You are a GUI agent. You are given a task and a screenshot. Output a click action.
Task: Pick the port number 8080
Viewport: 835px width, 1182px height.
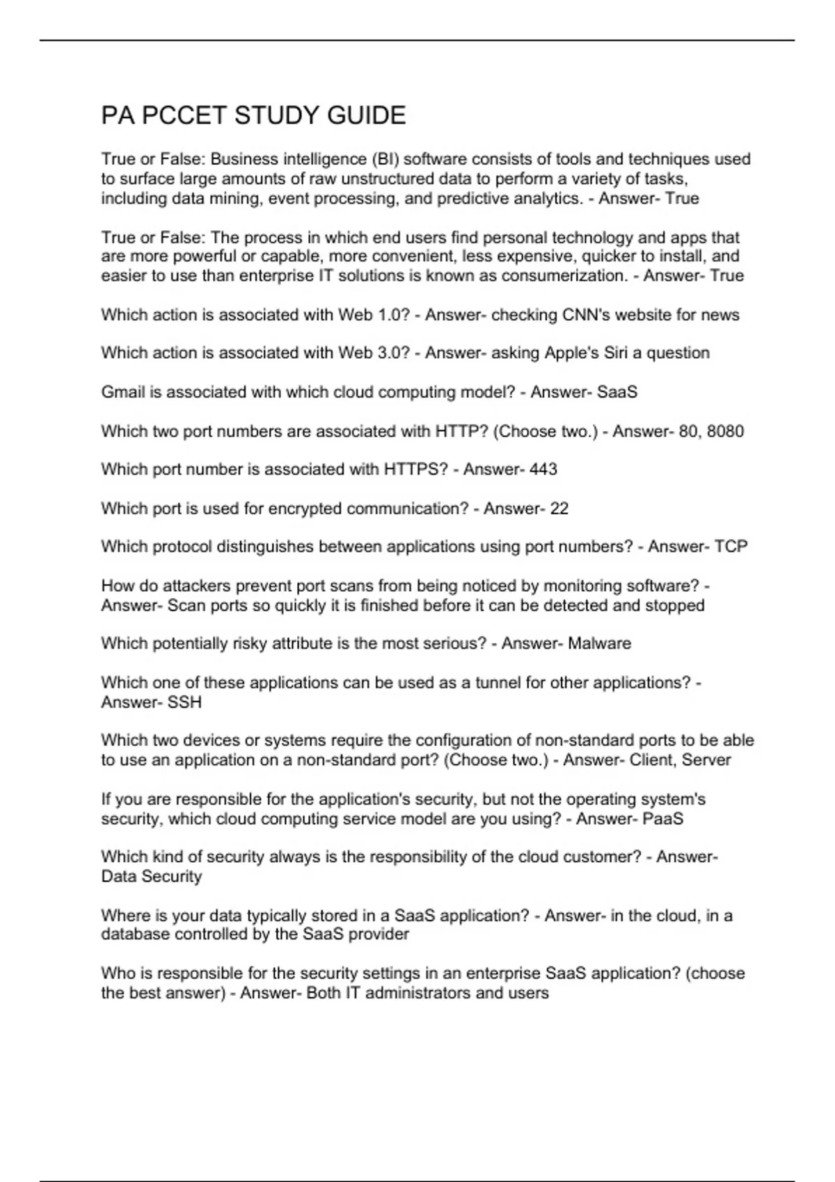pyautogui.click(x=725, y=431)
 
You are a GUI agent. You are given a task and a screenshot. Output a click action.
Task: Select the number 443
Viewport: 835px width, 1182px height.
pyautogui.click(x=543, y=469)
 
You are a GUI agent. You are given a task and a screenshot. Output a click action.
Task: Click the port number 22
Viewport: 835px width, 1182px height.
pyautogui.click(x=559, y=509)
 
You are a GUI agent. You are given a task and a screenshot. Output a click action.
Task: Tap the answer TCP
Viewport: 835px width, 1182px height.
pyautogui.click(x=731, y=547)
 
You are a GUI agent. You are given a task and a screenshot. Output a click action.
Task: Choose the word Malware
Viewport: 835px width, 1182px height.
pyautogui.click(x=600, y=644)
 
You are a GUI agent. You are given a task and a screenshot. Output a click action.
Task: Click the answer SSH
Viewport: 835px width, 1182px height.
pyautogui.click(x=185, y=702)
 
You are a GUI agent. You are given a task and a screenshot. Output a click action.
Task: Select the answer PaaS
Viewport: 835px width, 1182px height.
pyautogui.click(x=663, y=819)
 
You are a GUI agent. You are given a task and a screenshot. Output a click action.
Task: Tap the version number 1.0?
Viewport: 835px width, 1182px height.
pyautogui.click(x=392, y=315)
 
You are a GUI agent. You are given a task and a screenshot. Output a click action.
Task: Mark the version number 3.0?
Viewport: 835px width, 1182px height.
pyautogui.click(x=392, y=353)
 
